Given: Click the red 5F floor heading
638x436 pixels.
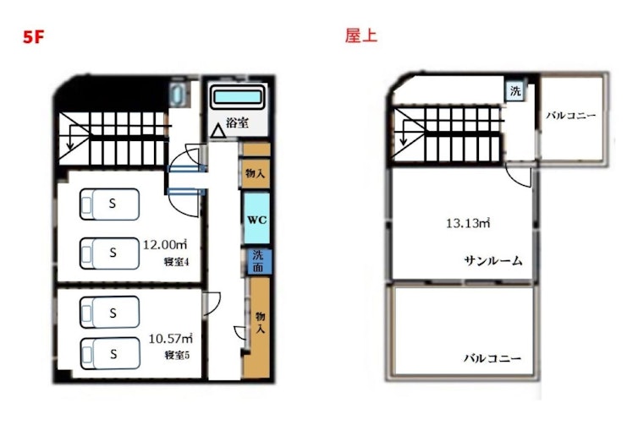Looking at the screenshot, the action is (33, 37).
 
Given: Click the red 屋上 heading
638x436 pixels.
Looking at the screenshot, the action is (361, 35).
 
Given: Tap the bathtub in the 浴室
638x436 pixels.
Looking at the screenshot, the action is (238, 97).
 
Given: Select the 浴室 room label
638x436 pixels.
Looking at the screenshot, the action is (237, 123).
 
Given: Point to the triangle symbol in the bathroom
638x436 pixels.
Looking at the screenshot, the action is (218, 131).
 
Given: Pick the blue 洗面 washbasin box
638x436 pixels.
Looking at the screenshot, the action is (258, 261).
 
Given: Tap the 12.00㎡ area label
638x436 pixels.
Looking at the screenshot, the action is (165, 244).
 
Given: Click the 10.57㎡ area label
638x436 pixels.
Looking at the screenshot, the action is (170, 338).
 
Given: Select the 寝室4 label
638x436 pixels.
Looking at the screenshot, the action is (176, 262).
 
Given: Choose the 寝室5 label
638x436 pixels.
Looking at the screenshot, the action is (177, 355).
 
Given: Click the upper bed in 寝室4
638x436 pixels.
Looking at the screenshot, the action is (109, 204).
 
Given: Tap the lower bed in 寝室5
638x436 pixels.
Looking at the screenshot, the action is (110, 353).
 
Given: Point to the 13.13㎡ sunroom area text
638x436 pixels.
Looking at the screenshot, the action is (468, 223).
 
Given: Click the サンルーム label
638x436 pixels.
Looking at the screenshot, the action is (493, 260).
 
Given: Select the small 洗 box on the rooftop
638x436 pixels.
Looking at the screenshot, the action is (515, 91).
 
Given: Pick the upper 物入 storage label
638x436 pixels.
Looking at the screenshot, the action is (256, 173).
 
